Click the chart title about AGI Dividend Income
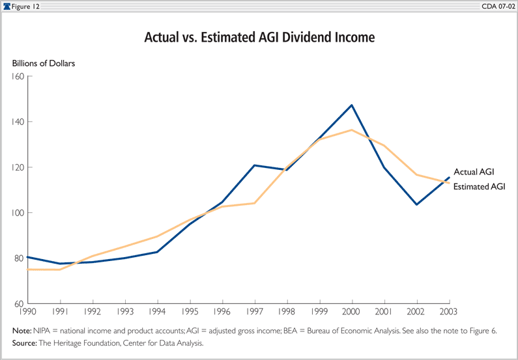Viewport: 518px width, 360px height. coord(259,38)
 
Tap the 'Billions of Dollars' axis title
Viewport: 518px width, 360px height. coord(44,63)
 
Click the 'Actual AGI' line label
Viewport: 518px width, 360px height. coord(474,172)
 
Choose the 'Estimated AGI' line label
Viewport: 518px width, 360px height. coord(479,187)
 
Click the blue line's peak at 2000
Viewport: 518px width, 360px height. coord(352,105)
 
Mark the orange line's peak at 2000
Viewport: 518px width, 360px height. coord(352,130)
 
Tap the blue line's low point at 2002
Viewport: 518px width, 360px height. coord(416,204)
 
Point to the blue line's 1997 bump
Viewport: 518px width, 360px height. coord(253,165)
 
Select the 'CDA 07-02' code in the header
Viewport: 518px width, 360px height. coord(497,6)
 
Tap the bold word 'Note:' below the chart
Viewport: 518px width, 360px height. coord(22,331)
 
